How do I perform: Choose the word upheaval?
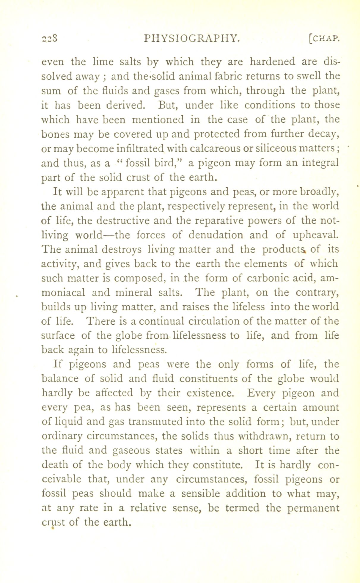(x=315, y=235)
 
